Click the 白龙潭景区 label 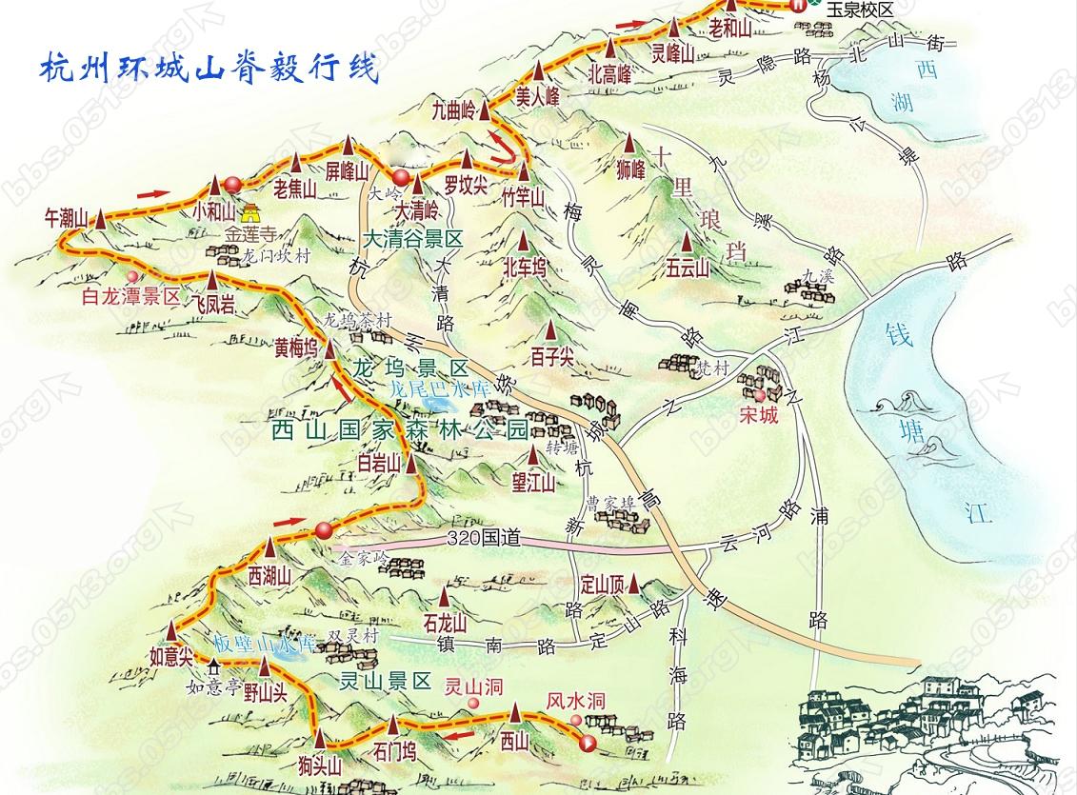131,296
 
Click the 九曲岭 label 452,109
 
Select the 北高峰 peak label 610,73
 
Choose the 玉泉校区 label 859,9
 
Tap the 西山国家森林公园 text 398,429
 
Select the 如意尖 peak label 171,654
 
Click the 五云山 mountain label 688,269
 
